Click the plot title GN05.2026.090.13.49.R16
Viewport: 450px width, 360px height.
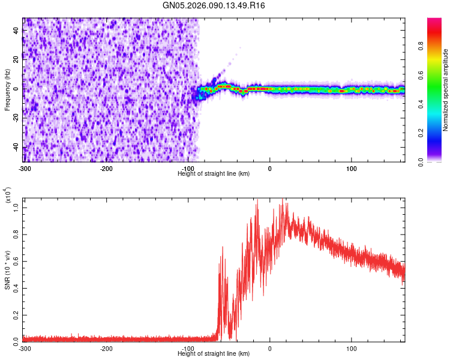coord(214,5)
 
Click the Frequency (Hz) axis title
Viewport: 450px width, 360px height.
coord(7,89)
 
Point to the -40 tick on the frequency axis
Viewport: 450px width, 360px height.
coord(15,147)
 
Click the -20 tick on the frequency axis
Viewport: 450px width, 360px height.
coord(15,118)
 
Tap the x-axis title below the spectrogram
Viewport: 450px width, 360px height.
coord(214,173)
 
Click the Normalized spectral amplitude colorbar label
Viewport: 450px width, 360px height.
coord(446,90)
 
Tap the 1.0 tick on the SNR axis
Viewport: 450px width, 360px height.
coord(16,206)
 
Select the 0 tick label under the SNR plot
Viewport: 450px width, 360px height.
coord(270,348)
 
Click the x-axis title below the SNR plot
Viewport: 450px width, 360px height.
coord(214,353)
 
